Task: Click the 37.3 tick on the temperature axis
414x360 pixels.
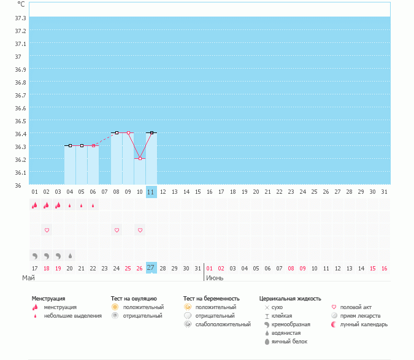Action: pyautogui.click(x=20, y=31)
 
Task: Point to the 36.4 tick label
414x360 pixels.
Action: pyautogui.click(x=20, y=134)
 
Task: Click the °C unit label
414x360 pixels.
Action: pyautogui.click(x=21, y=4)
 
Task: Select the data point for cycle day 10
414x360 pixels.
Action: pyautogui.click(x=140, y=158)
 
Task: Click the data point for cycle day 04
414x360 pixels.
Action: pyautogui.click(x=70, y=145)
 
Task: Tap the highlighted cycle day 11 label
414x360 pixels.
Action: pyautogui.click(x=151, y=192)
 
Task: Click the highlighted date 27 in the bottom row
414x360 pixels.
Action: pyautogui.click(x=151, y=267)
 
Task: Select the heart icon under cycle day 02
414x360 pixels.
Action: pyautogui.click(x=47, y=230)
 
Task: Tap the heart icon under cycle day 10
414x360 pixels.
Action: pyautogui.click(x=140, y=230)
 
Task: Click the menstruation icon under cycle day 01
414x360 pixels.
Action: pyautogui.click(x=35, y=205)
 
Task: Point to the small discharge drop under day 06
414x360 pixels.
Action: pyautogui.click(x=93, y=205)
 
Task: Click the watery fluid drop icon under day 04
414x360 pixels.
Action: pyautogui.click(x=70, y=255)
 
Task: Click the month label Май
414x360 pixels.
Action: pyautogui.click(x=28, y=278)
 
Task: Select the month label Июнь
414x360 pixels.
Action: pyautogui.click(x=215, y=278)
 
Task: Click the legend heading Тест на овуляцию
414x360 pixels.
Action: pyautogui.click(x=134, y=298)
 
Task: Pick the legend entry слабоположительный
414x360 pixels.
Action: pyautogui.click(x=223, y=324)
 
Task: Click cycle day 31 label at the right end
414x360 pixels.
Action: pyautogui.click(x=384, y=192)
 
